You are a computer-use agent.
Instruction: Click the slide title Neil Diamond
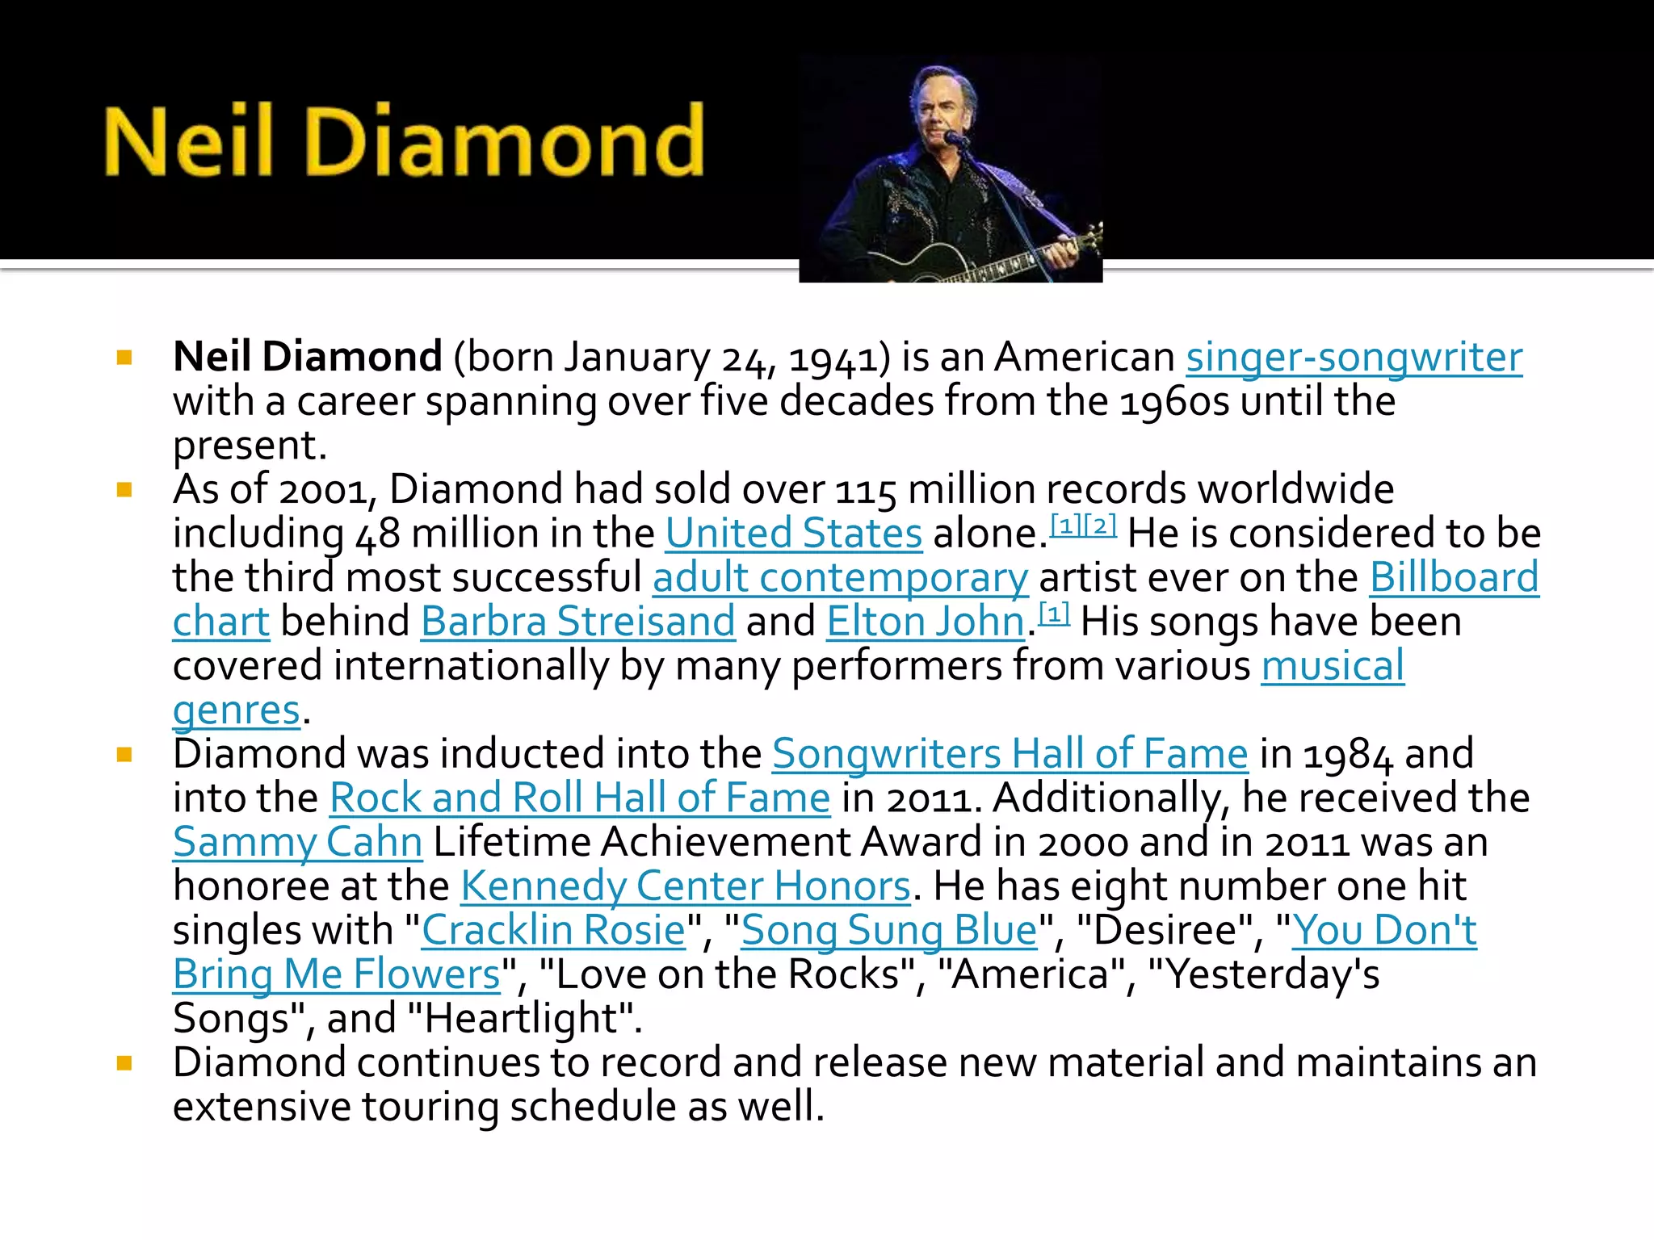[x=404, y=141]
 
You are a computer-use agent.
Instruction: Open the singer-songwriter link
[x=1354, y=358]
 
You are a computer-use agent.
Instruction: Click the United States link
[x=793, y=534]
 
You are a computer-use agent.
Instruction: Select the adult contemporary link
[x=840, y=578]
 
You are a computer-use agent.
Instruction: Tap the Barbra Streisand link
[x=577, y=622]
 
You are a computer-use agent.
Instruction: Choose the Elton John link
[x=926, y=622]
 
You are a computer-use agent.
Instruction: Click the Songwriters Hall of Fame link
[x=1010, y=754]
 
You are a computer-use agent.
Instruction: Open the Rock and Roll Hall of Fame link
[x=580, y=798]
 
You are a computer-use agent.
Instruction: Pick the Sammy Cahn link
[x=297, y=843]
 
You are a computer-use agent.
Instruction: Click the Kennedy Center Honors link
[x=685, y=886]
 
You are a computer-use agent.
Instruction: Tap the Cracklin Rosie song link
[x=553, y=931]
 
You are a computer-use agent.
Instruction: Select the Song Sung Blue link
[x=888, y=931]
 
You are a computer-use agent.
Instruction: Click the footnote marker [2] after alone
[x=1100, y=526]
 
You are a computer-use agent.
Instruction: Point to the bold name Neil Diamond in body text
[x=307, y=358]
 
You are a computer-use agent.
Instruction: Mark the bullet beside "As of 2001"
[x=124, y=490]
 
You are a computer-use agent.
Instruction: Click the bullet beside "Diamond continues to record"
[x=124, y=1063]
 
